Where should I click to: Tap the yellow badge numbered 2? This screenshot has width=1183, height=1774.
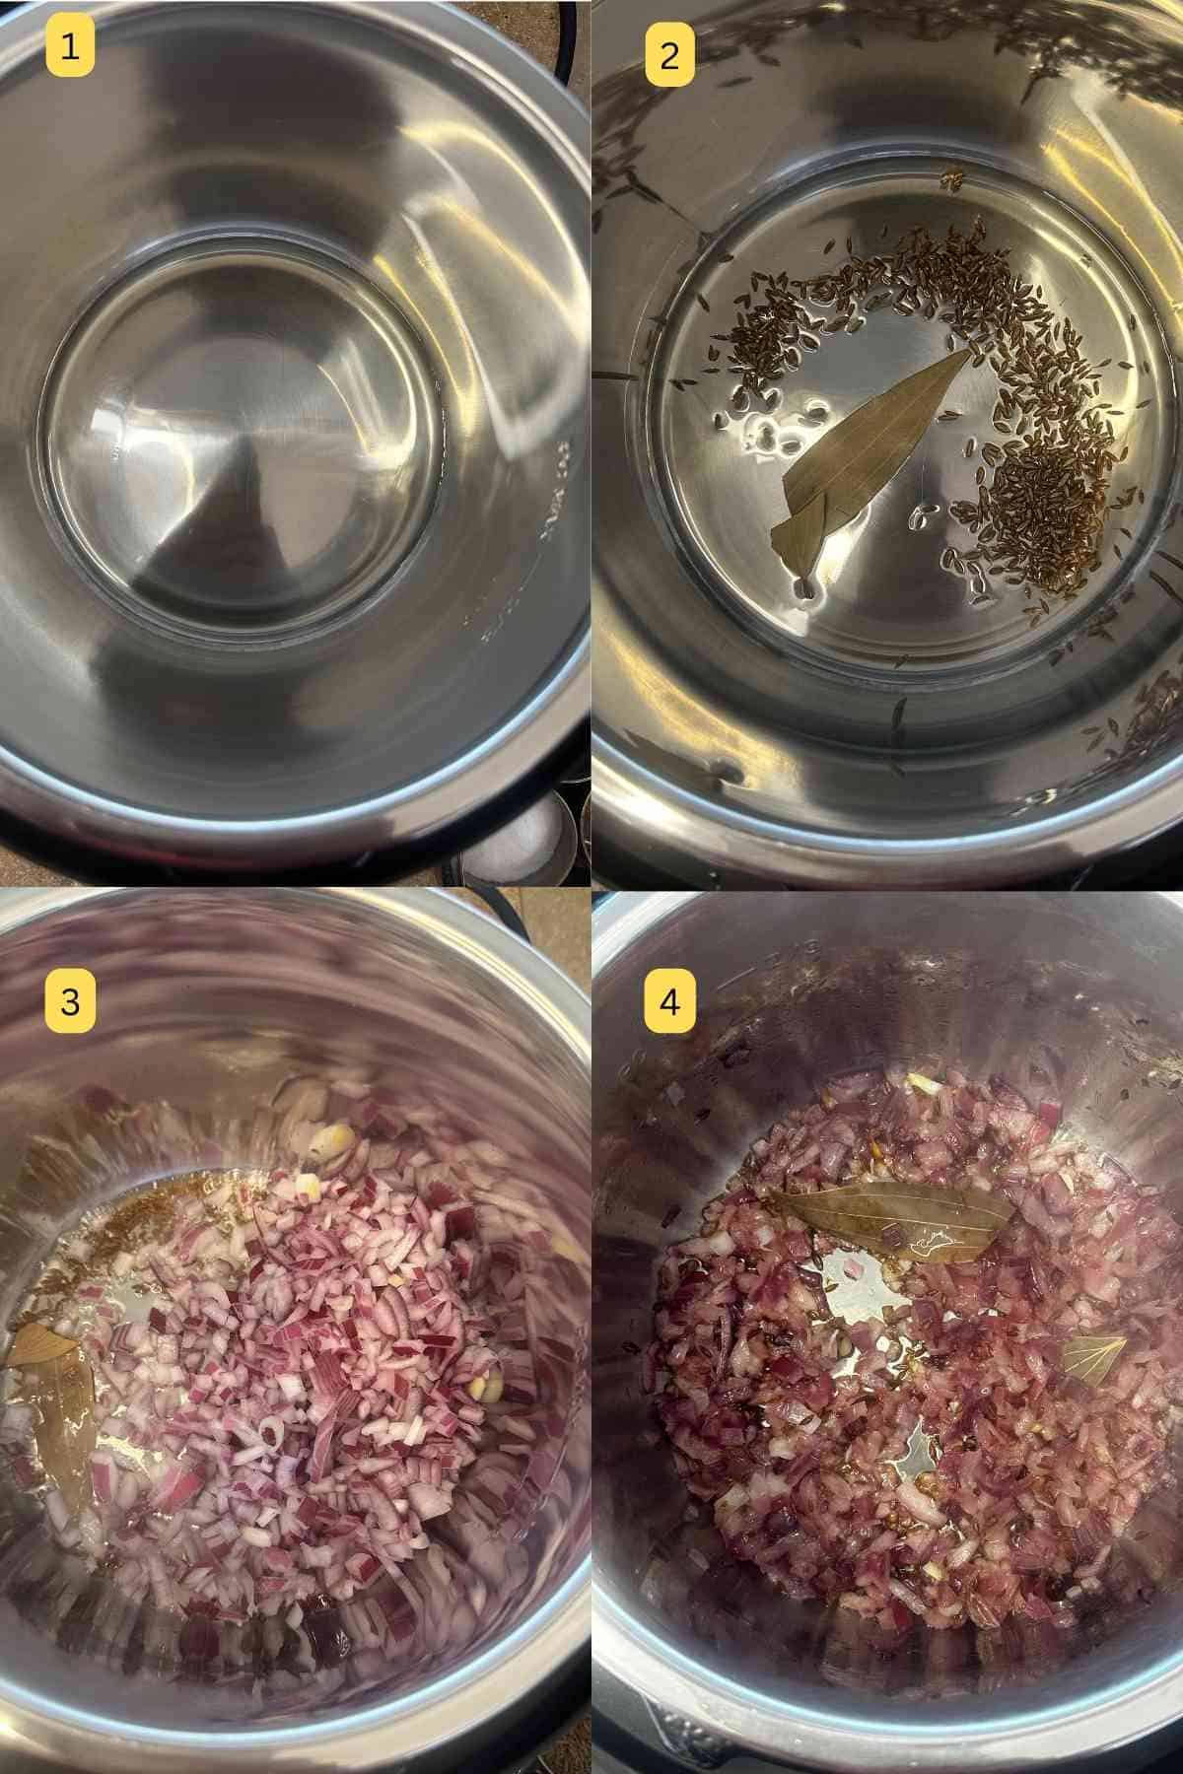coord(669,56)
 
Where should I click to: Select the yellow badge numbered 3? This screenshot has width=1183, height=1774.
coord(70,1003)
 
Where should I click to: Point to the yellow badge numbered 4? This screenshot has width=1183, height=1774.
coord(669,1003)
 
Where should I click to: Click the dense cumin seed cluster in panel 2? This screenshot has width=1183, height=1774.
coord(1035,493)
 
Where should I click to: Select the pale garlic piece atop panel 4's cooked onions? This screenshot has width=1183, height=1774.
coord(919,1082)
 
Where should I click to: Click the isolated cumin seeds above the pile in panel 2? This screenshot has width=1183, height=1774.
coord(951,180)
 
